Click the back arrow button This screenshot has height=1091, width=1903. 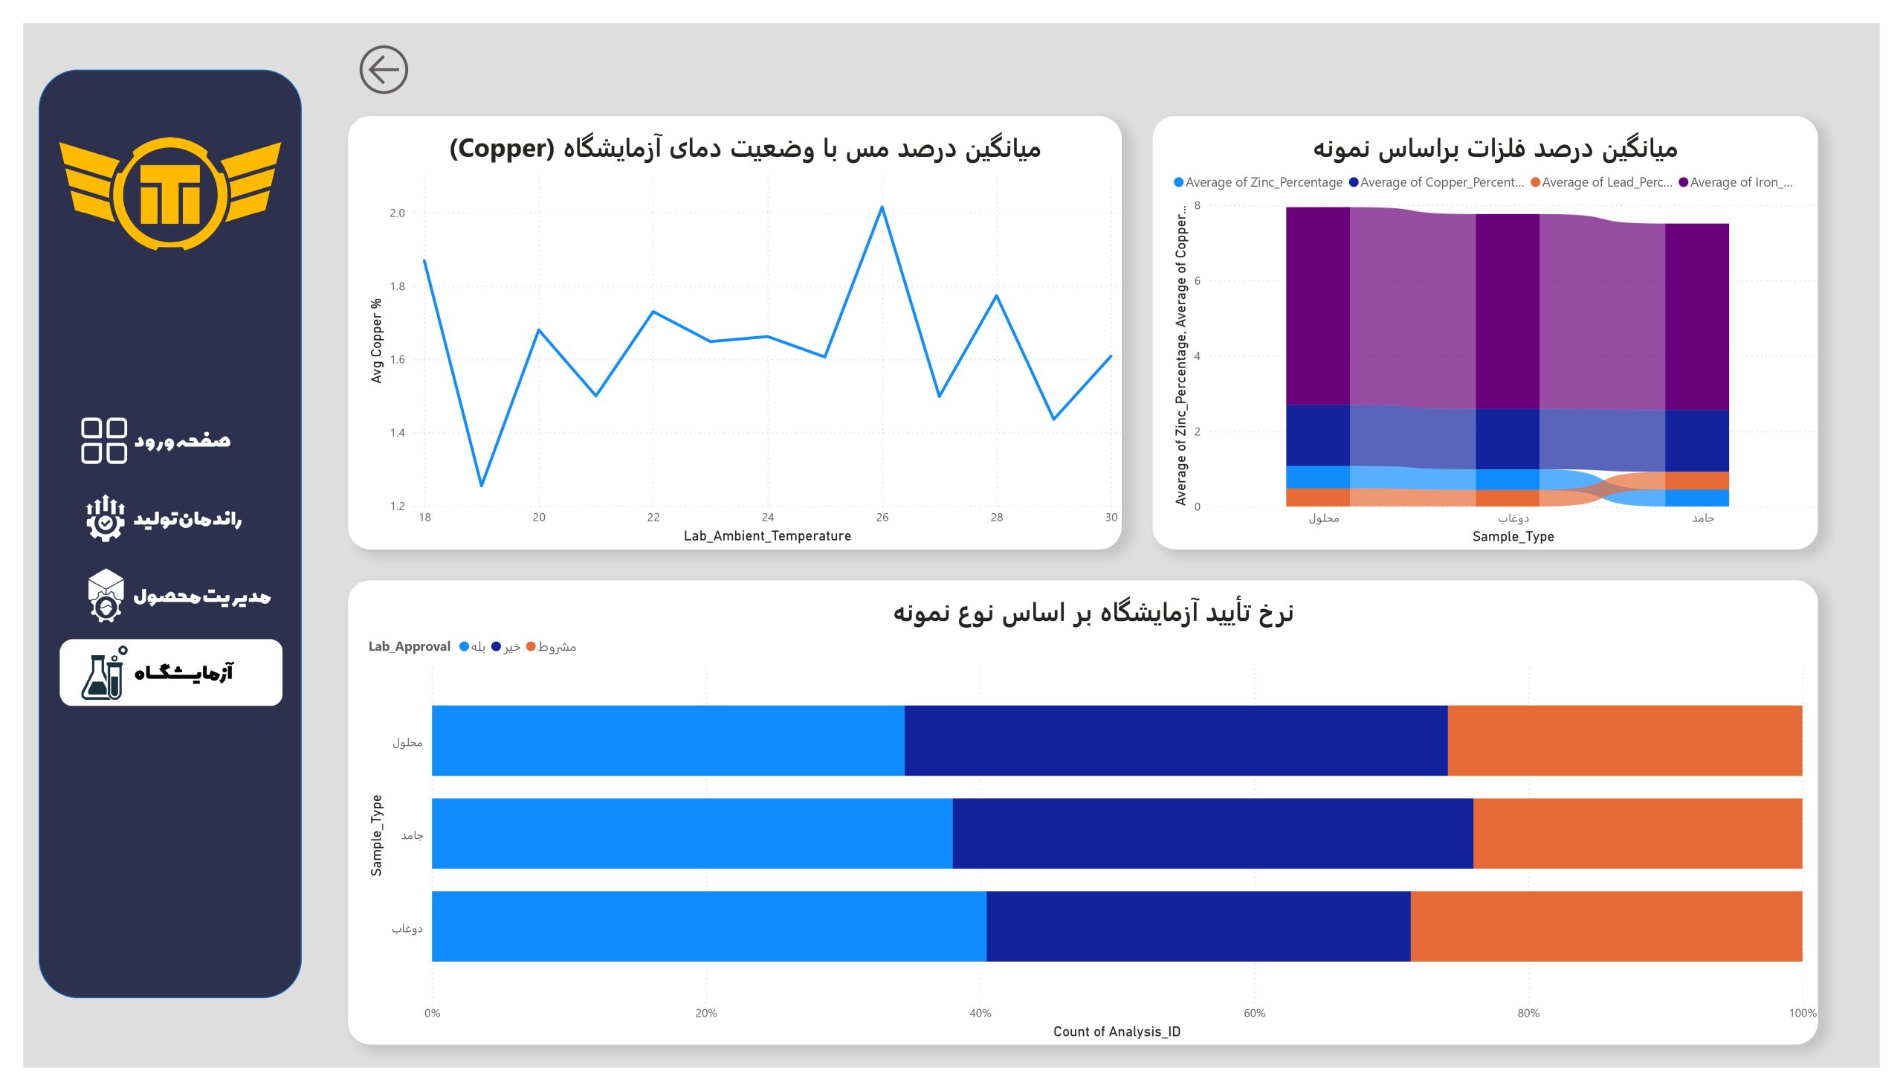pos(384,70)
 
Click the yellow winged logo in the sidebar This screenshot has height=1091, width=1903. pos(170,193)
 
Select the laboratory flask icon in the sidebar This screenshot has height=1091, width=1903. pos(103,674)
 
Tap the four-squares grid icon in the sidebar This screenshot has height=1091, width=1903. pos(103,440)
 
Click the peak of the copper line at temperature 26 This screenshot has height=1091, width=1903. pos(882,207)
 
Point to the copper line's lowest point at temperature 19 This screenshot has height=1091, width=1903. pos(482,486)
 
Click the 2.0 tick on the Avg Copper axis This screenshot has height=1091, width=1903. pos(397,213)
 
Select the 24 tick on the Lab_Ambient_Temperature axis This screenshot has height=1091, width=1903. pos(768,517)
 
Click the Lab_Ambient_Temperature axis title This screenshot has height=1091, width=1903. pos(767,535)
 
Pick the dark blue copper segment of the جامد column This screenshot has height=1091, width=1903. pos(1696,440)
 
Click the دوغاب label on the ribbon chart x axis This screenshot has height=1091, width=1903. pos(1513,518)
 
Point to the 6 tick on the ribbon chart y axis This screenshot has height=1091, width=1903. pos(1198,281)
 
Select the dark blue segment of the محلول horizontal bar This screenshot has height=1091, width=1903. pos(1175,740)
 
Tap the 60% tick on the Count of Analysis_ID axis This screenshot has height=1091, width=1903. pos(1254,1013)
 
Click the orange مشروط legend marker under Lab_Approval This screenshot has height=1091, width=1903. pos(531,647)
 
